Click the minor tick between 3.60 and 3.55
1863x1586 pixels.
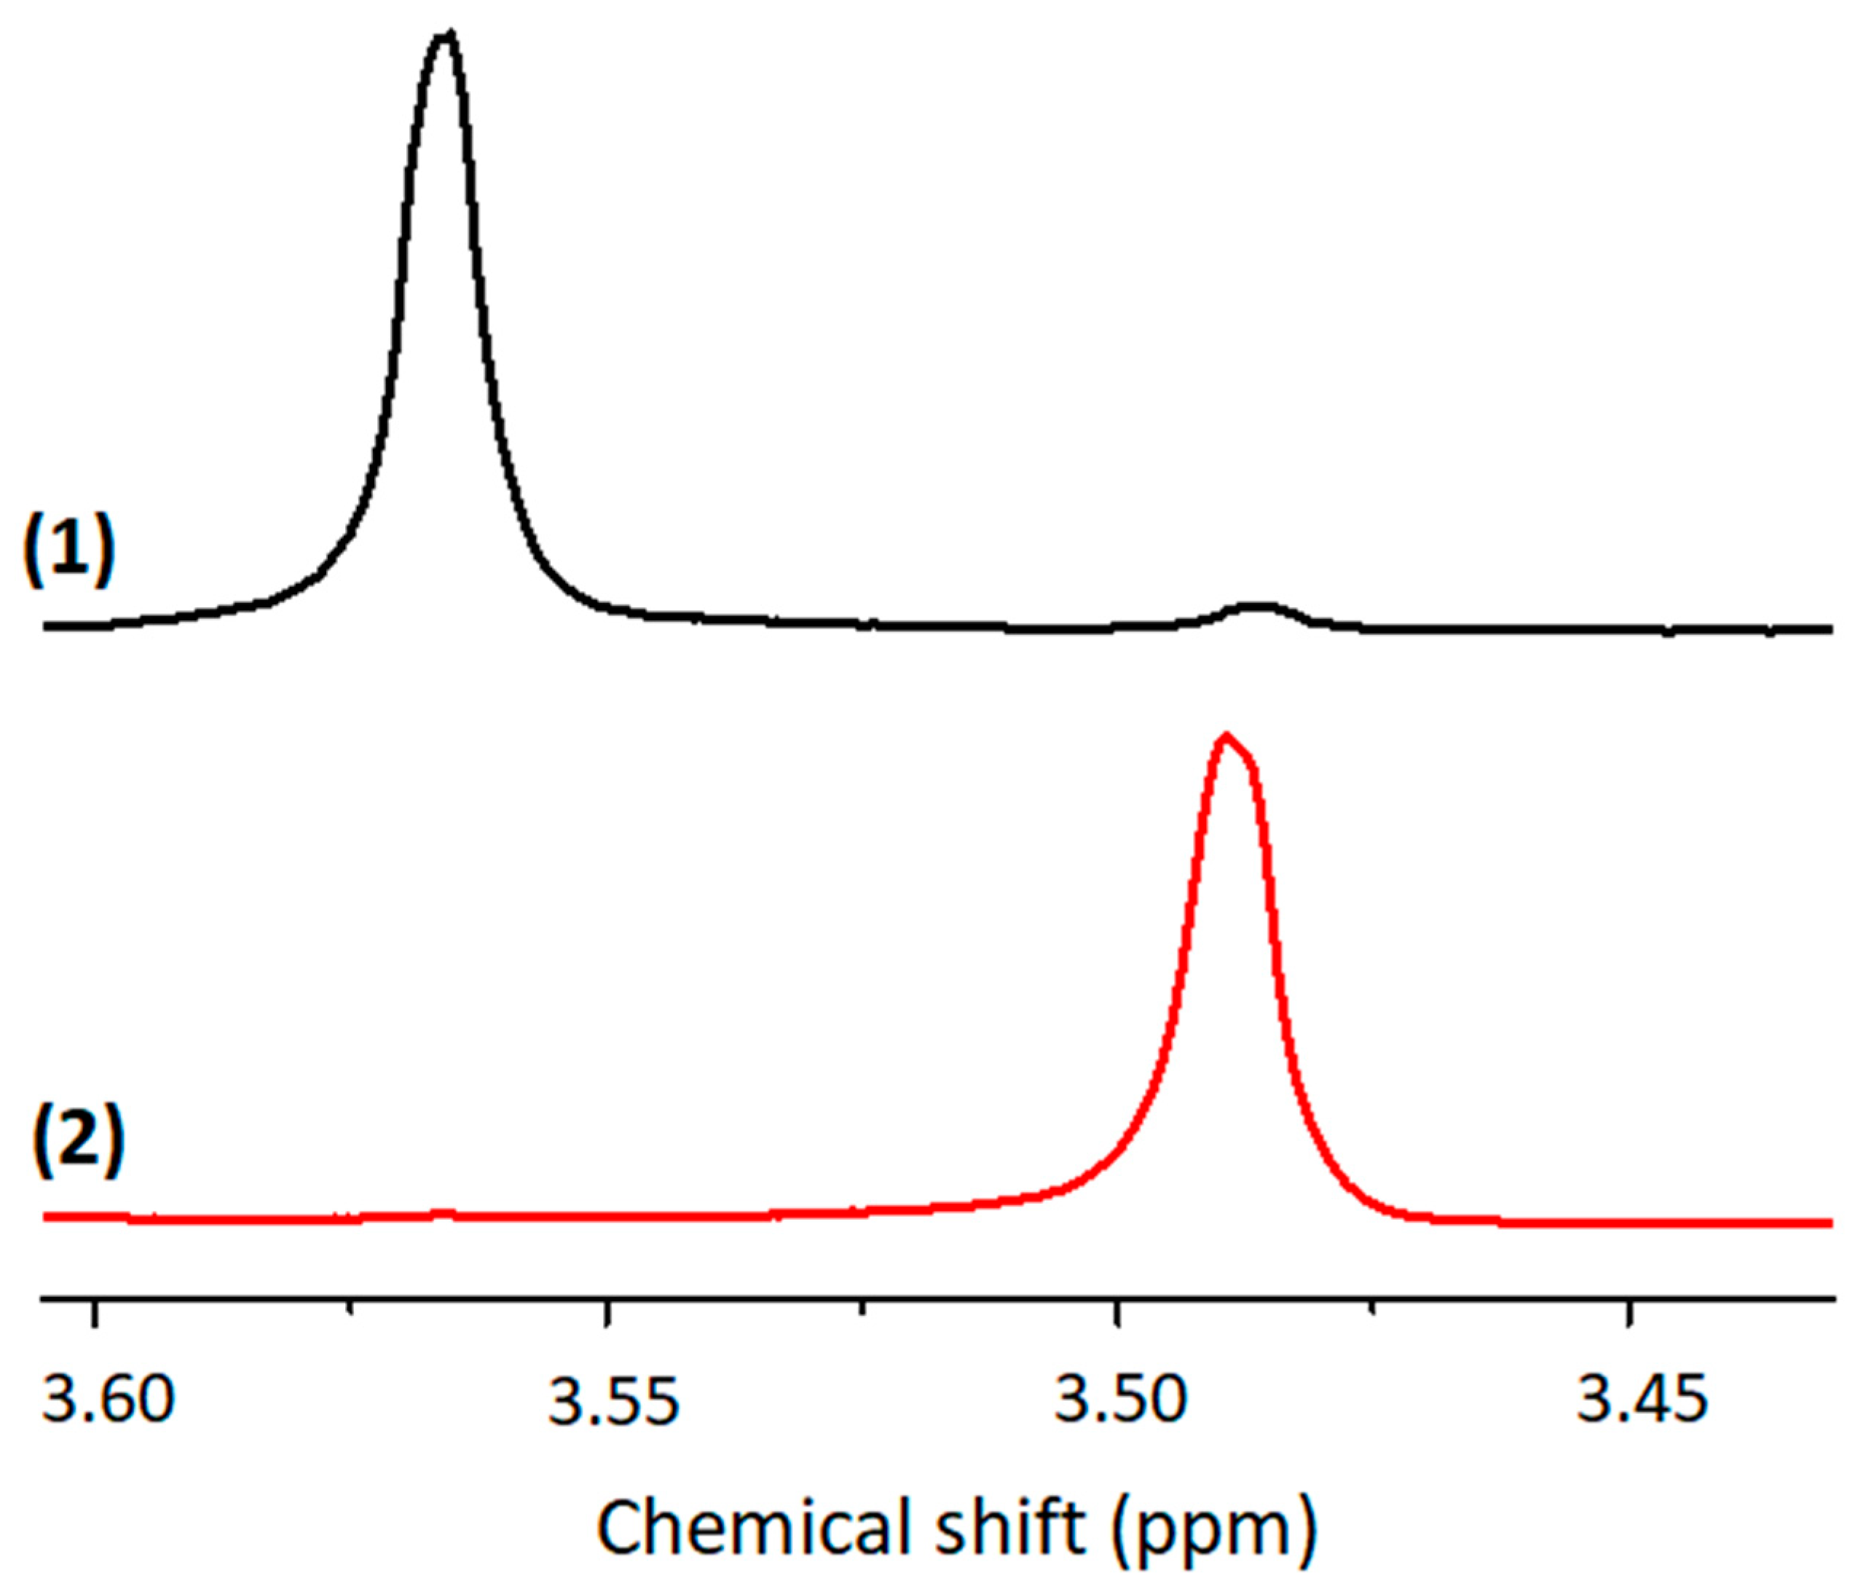tap(352, 1306)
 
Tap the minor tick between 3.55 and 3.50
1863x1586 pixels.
tap(862, 1306)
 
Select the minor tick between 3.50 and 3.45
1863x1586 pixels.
tap(1372, 1306)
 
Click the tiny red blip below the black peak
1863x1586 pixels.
tap(441, 1213)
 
